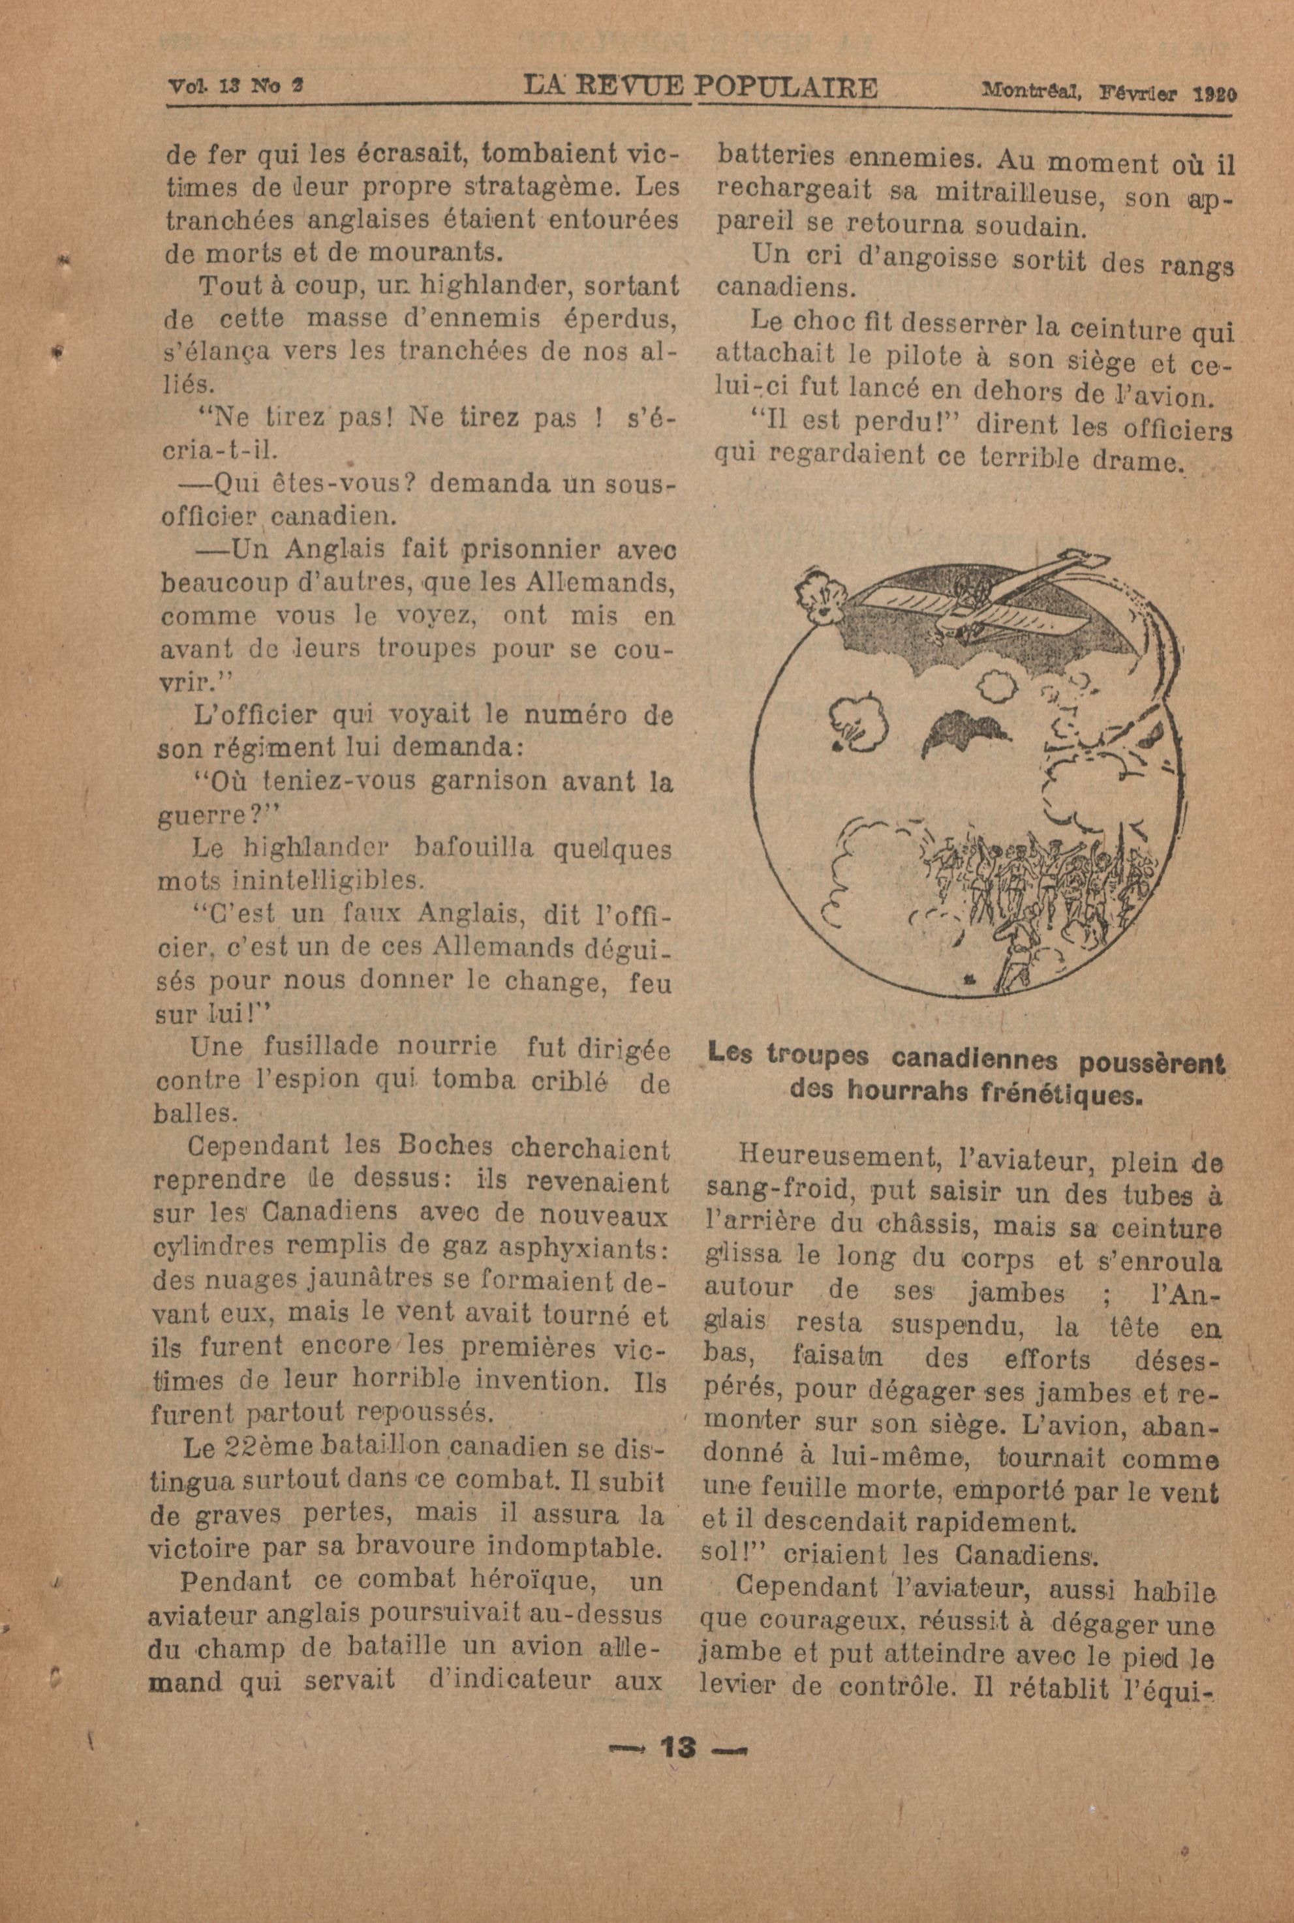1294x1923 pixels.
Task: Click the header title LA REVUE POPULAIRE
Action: [701, 88]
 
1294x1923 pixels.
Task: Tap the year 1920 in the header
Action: [1215, 93]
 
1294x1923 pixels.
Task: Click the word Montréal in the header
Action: [1032, 91]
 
